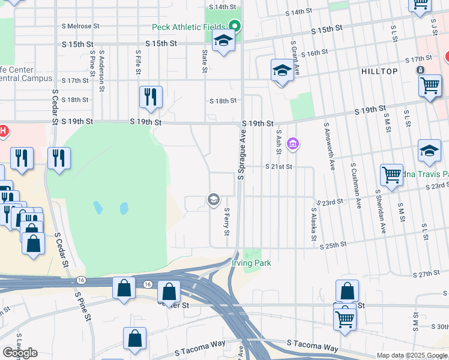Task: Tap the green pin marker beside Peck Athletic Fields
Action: coord(235,26)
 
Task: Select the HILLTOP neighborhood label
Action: coord(379,71)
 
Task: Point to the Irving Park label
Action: coord(252,263)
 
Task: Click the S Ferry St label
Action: coord(227,222)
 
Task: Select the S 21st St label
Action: coord(279,167)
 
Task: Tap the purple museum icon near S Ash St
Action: coord(292,144)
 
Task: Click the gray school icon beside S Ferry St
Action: coord(213,199)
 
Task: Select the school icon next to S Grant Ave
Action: coord(282,70)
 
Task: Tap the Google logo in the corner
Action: coord(20,353)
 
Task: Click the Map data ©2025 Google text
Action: coord(411,355)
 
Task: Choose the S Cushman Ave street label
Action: coord(355,186)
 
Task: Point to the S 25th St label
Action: coord(333,245)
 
